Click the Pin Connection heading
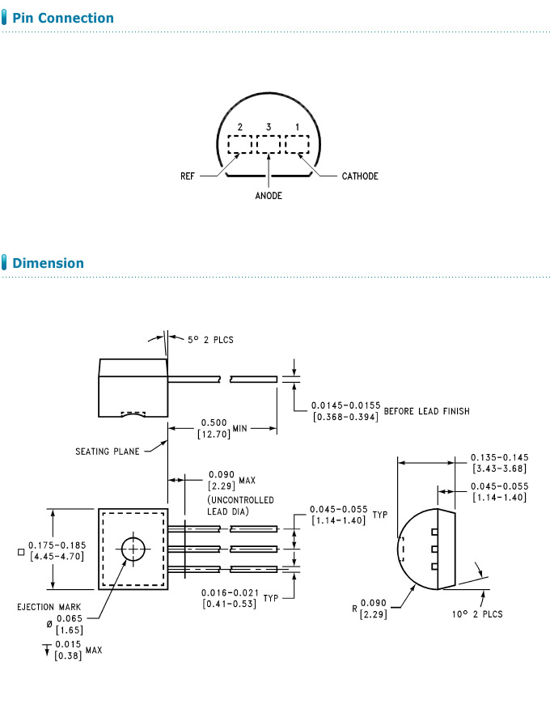pos(63,18)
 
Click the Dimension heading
pos(48,263)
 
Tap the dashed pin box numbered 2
pos(240,145)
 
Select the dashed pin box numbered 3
pos(268,145)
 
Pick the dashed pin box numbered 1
pos(297,145)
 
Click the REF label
pos(188,176)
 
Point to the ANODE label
pos(269,196)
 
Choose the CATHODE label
pos(360,176)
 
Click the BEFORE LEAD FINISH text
pos(426,411)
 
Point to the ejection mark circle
pos(132,548)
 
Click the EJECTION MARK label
pos(47,607)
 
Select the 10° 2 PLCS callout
pos(477,614)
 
